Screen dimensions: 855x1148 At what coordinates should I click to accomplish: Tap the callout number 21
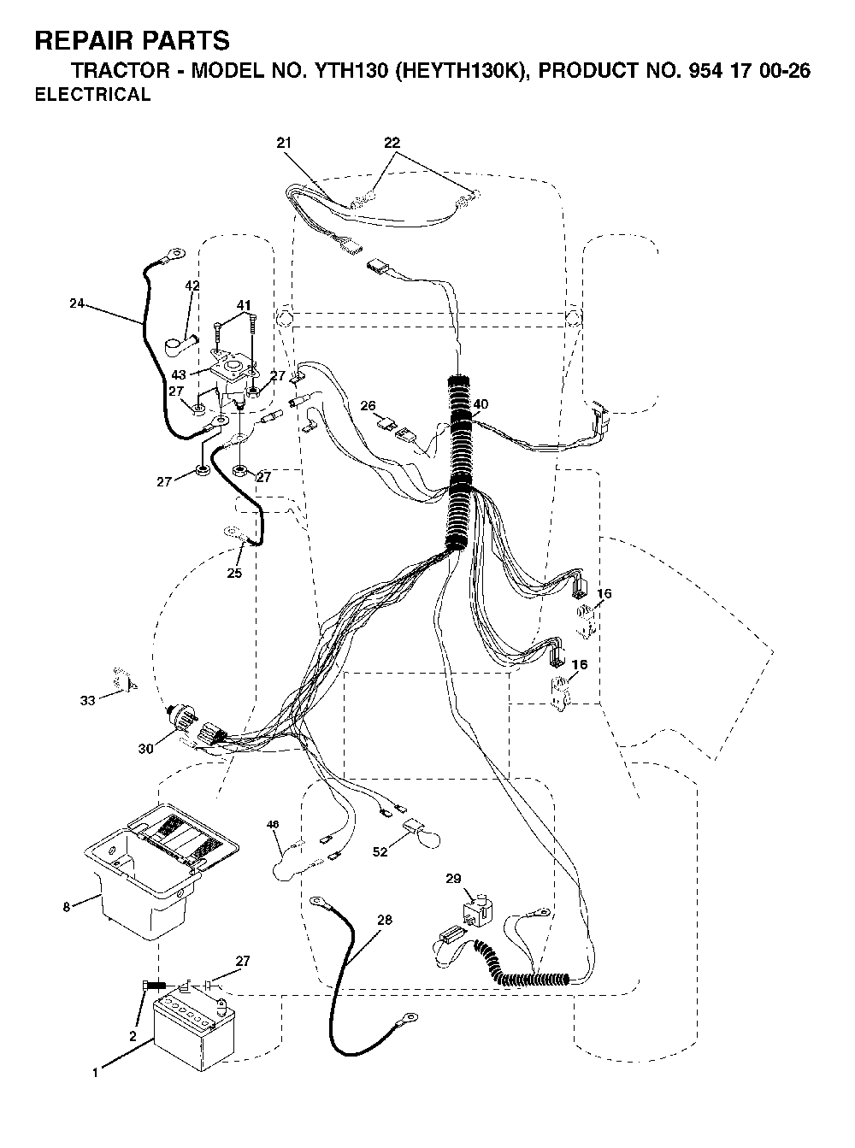(284, 143)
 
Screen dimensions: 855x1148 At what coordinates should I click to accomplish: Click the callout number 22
(392, 143)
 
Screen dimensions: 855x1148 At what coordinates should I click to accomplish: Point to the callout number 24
(77, 303)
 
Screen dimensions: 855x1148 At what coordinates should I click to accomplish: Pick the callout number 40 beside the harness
(481, 403)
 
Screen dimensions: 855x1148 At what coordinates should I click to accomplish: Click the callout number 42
(192, 286)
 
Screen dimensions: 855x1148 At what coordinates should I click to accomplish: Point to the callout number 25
(234, 573)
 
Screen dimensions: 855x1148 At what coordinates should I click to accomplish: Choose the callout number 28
(384, 920)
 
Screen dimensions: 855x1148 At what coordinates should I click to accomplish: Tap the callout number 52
(380, 851)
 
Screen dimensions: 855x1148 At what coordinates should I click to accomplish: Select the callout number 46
(273, 824)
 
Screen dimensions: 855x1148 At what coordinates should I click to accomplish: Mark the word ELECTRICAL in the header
(92, 95)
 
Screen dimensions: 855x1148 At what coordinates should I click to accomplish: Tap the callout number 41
(244, 304)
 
